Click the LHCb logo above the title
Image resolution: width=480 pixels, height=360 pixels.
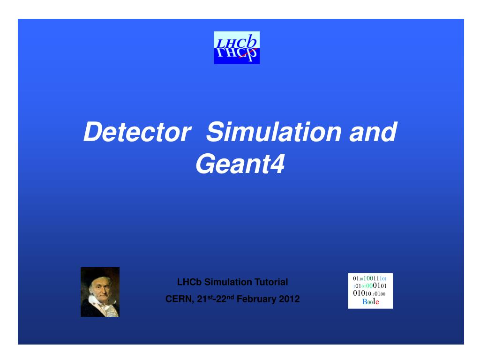[237, 48]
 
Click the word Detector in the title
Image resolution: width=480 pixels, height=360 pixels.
[135, 132]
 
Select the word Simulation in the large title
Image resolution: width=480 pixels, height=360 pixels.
[275, 132]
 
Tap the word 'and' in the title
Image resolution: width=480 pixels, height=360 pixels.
[373, 132]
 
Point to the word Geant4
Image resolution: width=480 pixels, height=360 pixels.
[240, 165]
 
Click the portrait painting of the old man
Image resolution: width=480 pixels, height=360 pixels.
[100, 292]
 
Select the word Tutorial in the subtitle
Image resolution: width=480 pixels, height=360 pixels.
[271, 282]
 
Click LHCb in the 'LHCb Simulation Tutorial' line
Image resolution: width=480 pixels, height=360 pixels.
[189, 282]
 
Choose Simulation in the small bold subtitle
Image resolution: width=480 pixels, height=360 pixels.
[227, 282]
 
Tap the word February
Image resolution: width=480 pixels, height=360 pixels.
[257, 299]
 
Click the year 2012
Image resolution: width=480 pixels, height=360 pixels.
[289, 299]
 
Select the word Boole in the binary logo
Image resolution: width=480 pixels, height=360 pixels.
[370, 302]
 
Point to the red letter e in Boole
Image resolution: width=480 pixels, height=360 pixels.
[377, 302]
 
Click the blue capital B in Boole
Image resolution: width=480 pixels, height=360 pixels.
[364, 302]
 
